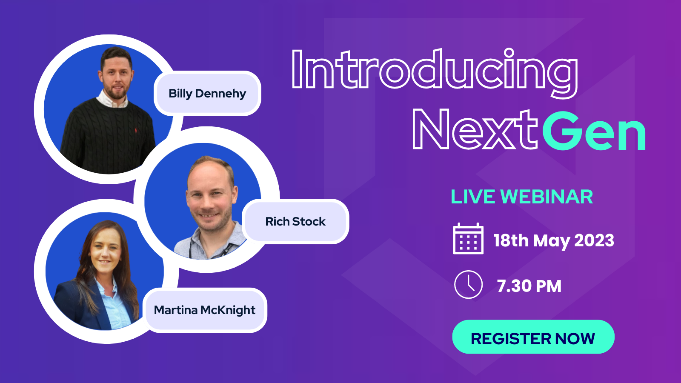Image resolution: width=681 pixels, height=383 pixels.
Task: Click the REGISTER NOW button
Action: tap(533, 337)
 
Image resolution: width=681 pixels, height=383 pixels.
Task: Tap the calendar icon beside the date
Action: tap(468, 239)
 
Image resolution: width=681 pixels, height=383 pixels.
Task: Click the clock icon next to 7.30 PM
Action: tap(468, 285)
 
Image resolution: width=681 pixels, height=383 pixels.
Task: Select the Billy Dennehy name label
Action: tap(207, 93)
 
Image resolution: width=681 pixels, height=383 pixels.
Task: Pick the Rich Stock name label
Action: tap(295, 222)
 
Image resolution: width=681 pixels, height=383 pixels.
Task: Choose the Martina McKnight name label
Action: tap(205, 310)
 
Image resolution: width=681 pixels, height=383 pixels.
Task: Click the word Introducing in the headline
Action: tap(435, 73)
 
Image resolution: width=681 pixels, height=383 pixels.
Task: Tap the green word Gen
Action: tap(594, 131)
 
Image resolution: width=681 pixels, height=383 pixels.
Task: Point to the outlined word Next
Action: tap(475, 130)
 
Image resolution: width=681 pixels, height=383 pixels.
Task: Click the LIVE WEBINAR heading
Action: tap(522, 197)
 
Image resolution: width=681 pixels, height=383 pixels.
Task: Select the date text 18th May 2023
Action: tap(554, 241)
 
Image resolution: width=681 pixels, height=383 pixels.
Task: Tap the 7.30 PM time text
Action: tap(529, 286)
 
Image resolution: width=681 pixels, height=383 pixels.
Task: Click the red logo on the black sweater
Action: tap(136, 131)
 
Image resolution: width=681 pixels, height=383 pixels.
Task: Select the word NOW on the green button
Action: tap(575, 339)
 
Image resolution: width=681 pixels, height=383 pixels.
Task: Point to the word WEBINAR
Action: tap(547, 197)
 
